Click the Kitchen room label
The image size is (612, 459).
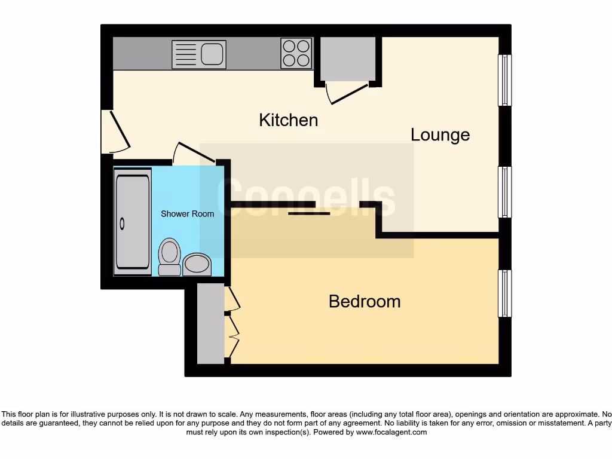click(288, 120)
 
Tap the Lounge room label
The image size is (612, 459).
click(440, 135)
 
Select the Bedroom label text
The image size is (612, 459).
click(365, 301)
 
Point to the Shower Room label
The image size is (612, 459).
click(187, 214)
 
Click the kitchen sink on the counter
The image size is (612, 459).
click(199, 54)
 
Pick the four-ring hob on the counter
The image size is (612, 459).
click(296, 53)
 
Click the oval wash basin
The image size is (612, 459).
click(197, 264)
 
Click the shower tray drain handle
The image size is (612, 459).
click(123, 224)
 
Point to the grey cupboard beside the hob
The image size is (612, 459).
click(348, 59)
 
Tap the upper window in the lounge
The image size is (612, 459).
click(505, 80)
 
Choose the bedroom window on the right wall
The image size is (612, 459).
click(505, 293)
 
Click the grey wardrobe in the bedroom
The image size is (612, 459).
click(210, 324)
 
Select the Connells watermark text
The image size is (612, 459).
click(306, 198)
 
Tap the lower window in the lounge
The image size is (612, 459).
click(505, 192)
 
